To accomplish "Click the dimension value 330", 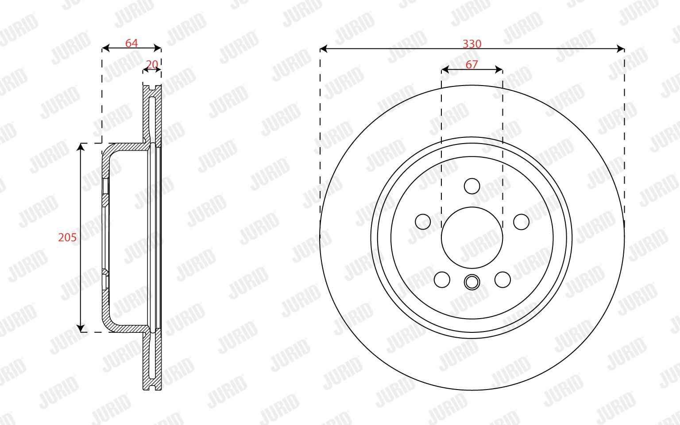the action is [x=472, y=44].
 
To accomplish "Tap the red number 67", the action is [x=472, y=64].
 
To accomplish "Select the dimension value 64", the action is [x=131, y=43].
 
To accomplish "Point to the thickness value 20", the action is [x=152, y=64].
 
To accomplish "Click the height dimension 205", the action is [x=67, y=237].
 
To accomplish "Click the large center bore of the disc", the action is [x=472, y=238].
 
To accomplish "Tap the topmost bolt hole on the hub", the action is [x=472, y=186].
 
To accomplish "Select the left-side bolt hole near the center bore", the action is [x=423, y=222].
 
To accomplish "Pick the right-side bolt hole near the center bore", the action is [x=521, y=222].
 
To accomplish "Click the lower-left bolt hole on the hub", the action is [x=442, y=280].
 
